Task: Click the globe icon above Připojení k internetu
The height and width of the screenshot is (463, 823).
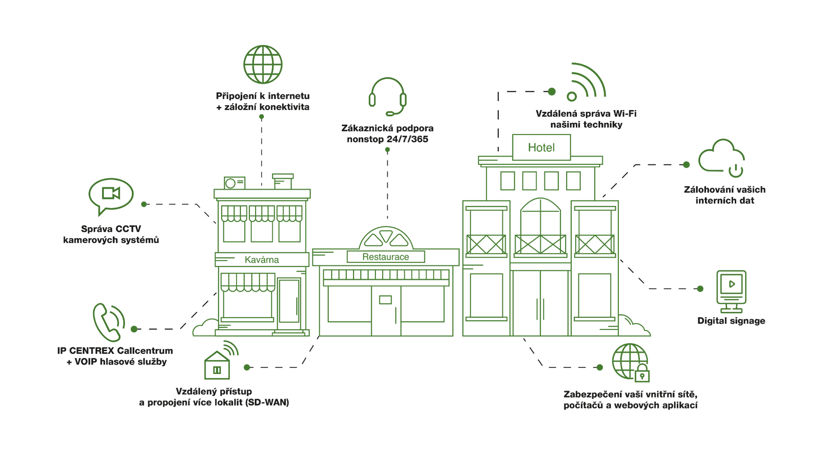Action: (263, 65)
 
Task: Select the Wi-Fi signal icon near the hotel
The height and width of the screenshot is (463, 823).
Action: (586, 82)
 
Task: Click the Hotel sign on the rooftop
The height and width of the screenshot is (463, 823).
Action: (541, 148)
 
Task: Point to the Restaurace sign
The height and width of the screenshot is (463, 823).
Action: (386, 257)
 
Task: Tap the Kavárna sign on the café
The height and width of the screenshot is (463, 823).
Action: (262, 260)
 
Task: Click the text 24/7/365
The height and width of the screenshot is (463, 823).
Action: (408, 139)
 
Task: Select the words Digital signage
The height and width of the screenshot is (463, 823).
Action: (731, 321)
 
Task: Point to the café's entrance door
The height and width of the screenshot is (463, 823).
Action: (289, 301)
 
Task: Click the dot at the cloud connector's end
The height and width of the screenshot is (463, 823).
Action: (686, 165)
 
